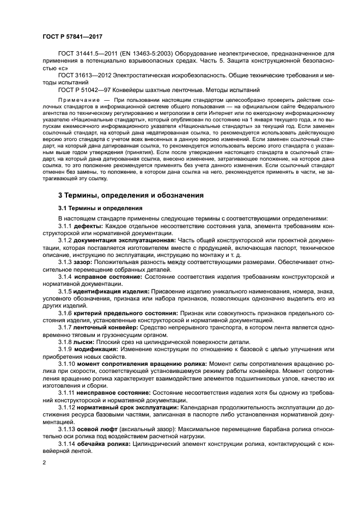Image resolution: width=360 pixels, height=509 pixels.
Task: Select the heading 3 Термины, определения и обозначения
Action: point(131,194)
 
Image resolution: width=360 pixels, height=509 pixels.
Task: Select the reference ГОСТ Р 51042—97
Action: point(86,89)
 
